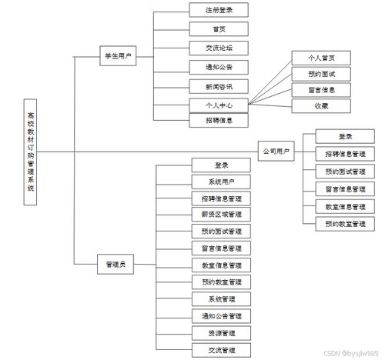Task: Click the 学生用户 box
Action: point(119,56)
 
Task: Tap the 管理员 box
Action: point(116,264)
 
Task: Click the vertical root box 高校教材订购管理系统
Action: point(29,151)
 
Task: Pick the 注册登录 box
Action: point(219,11)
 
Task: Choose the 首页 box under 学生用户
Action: point(219,29)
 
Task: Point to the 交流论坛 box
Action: point(219,48)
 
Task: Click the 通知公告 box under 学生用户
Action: point(219,66)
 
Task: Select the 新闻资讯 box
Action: point(219,85)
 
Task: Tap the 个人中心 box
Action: point(219,103)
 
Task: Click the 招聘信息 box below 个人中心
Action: point(219,120)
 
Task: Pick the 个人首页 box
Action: point(320,58)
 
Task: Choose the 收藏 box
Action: point(320,106)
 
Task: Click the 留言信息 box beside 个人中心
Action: point(320,90)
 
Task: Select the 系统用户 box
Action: point(221,182)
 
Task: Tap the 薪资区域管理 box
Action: point(221,215)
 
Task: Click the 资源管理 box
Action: point(221,332)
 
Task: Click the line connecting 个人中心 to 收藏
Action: point(269,105)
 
